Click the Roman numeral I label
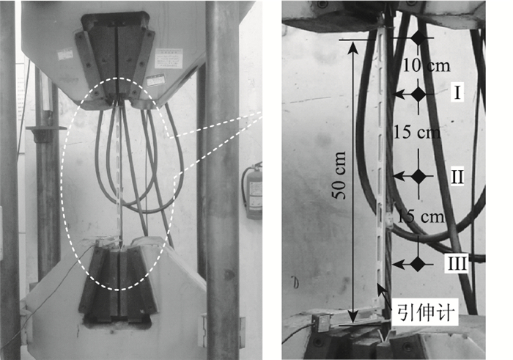point(457,92)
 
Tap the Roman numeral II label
point(457,177)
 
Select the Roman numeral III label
point(457,263)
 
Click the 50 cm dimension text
point(339,175)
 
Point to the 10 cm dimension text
point(426,65)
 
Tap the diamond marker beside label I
point(418,95)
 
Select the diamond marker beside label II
point(418,177)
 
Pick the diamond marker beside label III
point(418,264)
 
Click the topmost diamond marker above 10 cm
point(418,38)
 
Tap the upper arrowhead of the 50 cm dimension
point(353,47)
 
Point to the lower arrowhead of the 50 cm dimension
point(353,317)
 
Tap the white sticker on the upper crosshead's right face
point(169,58)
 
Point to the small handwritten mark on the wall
point(296,282)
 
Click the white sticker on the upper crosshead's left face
point(65,54)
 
